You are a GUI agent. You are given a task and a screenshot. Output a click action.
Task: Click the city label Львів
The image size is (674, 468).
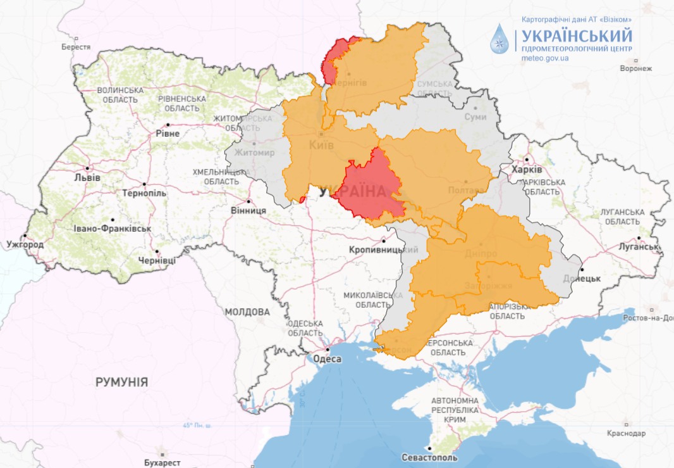point(87,177)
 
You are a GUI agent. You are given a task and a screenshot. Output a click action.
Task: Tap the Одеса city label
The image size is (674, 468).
point(328,359)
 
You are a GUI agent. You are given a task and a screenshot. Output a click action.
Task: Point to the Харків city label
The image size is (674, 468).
point(527,170)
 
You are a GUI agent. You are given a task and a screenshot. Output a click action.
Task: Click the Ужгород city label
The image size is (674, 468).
point(25,244)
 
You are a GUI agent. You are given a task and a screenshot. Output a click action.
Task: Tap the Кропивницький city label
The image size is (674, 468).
point(384,250)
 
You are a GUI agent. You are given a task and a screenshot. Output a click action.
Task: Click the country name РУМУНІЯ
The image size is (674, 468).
point(121,382)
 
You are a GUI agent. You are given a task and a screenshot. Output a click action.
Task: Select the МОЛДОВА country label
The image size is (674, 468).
point(247,312)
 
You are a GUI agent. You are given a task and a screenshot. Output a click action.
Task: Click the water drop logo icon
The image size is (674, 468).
point(500,40)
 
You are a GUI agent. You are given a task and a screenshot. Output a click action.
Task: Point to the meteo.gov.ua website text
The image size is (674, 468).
point(544,58)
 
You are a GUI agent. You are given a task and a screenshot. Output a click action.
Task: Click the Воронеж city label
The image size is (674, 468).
point(635,68)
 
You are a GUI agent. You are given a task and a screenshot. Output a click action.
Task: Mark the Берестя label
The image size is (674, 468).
point(76,47)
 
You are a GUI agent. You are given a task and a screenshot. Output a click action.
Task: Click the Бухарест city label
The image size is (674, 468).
point(161,462)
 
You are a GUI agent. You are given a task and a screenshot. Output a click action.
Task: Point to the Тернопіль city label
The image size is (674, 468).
point(145,193)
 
